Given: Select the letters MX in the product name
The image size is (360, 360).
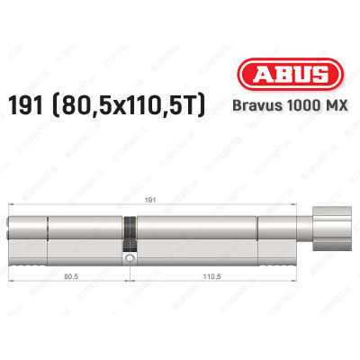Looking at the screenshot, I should pos(333,107).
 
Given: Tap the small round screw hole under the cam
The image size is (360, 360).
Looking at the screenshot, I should pos(131,261).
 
